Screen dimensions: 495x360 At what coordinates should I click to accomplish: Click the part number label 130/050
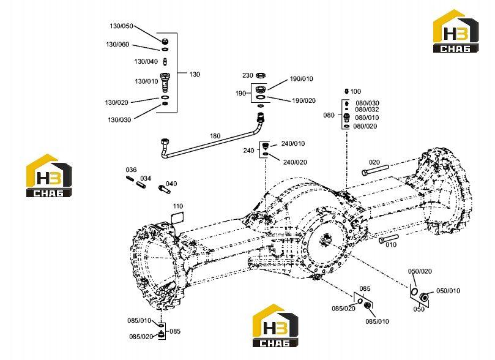click(x=122, y=26)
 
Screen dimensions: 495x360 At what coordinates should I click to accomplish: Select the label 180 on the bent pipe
click(x=215, y=136)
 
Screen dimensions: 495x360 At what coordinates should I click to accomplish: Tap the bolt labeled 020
click(x=375, y=170)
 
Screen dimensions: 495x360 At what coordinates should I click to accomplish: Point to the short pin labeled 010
click(x=389, y=238)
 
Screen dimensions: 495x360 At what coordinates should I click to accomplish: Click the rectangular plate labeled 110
click(x=177, y=217)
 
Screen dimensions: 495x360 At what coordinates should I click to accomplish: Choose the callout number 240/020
click(x=295, y=162)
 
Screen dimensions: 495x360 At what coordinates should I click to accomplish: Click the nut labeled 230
click(x=261, y=75)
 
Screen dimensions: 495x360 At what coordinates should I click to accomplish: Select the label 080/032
click(x=367, y=109)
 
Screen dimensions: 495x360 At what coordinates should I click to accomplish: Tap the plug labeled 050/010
click(x=424, y=297)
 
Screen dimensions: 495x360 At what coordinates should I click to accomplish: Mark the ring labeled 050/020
click(x=414, y=291)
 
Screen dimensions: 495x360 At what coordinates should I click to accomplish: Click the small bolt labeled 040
click(x=164, y=189)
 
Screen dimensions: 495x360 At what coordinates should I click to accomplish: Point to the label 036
click(x=131, y=170)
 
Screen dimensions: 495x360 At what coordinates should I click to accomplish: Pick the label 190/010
click(x=302, y=78)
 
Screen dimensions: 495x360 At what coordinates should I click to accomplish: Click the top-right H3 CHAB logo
click(x=456, y=31)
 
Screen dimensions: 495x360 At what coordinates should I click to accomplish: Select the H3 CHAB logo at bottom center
click(x=275, y=326)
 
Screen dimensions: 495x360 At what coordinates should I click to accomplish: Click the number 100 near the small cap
click(x=355, y=91)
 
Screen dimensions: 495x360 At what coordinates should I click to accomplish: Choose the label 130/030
click(x=119, y=119)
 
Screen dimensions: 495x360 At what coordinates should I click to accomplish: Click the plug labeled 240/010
click(x=265, y=146)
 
